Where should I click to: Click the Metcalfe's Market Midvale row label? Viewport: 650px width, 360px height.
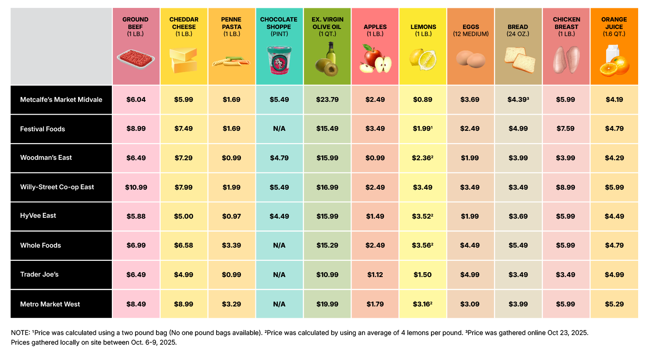61,100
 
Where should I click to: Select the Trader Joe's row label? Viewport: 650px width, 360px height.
40,274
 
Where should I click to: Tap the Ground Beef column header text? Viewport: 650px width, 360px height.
135,26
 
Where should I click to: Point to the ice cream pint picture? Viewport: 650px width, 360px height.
279,60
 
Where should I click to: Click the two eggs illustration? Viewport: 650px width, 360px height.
470,59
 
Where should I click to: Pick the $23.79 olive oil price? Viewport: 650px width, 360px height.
327,100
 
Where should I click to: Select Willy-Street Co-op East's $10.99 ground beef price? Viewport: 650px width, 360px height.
136,187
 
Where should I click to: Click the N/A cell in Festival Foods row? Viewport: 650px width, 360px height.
279,129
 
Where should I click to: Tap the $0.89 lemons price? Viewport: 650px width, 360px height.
423,100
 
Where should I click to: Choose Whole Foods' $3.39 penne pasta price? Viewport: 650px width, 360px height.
231,245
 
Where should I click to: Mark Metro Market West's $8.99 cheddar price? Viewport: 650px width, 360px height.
183,304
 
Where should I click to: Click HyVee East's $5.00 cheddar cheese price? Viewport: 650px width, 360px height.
183,216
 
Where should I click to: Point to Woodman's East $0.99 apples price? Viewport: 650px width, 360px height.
375,158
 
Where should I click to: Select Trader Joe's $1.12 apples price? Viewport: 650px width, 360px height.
375,275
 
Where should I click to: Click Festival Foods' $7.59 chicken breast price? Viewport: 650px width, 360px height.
565,129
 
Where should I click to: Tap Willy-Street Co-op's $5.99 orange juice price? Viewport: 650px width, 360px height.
614,187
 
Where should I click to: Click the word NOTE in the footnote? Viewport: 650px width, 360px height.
20,333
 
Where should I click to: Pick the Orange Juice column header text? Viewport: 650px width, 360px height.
614,26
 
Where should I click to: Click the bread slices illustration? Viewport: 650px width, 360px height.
519,60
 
